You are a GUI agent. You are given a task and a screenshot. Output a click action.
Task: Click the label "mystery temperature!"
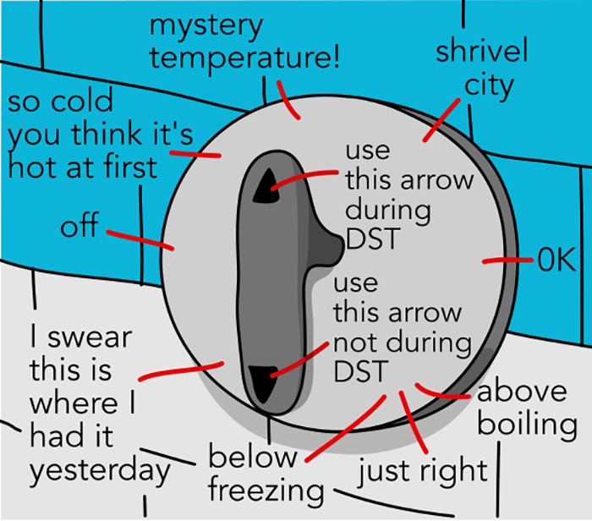pos(246,42)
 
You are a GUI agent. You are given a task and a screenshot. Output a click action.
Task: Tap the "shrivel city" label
pos(482,67)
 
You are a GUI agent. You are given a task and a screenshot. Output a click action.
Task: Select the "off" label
pos(77,227)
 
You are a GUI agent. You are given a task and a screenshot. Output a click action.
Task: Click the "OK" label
pos(556,259)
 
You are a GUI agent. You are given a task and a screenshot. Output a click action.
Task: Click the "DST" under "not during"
pos(360,370)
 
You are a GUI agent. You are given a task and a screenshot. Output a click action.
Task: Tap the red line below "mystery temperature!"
pos(288,101)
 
